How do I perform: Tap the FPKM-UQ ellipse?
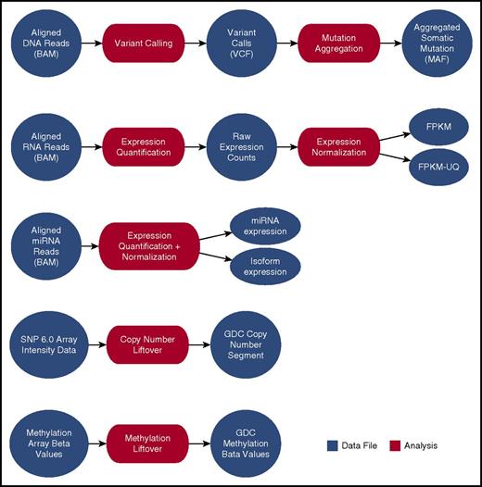[x=438, y=170]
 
